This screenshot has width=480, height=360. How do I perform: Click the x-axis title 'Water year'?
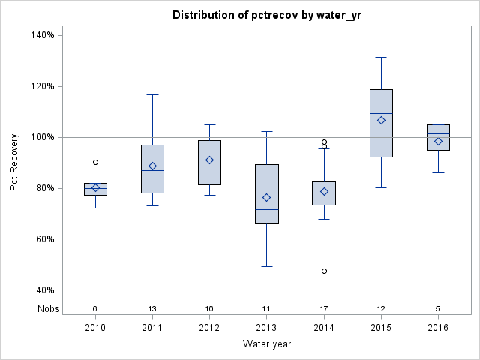click(266, 344)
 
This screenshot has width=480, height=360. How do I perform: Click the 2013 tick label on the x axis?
click(267, 328)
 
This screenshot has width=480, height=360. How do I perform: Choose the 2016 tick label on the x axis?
click(438, 328)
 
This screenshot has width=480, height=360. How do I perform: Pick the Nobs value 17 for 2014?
click(324, 308)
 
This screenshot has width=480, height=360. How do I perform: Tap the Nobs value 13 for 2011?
click(152, 308)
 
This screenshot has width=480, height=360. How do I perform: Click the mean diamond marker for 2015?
click(381, 120)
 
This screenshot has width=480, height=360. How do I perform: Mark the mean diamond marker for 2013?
click(267, 197)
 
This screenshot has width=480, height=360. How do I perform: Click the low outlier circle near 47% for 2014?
click(324, 271)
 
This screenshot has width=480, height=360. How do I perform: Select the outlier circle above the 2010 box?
click(95, 162)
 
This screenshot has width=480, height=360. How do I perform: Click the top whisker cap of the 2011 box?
click(152, 94)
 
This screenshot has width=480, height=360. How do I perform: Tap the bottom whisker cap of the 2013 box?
click(267, 266)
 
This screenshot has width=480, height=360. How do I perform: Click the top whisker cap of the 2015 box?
click(381, 57)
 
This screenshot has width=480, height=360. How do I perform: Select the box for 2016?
click(438, 138)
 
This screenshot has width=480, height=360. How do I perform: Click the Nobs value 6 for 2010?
click(95, 308)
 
